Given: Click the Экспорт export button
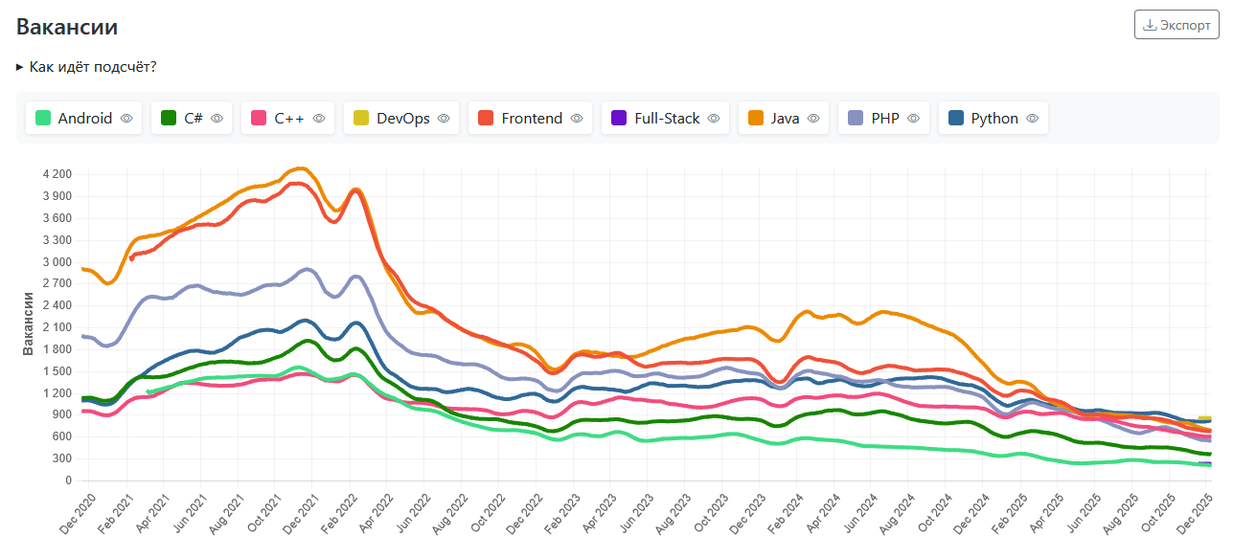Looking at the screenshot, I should (1176, 25).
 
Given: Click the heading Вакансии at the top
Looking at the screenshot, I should (67, 27).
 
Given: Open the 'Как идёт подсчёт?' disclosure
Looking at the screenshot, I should (87, 67).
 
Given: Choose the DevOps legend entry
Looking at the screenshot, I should (401, 119).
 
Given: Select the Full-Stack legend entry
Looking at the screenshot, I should (666, 119).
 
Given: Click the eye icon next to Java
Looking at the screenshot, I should (813, 119).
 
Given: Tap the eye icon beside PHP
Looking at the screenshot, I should (913, 119).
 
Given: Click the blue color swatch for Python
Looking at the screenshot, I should (955, 119).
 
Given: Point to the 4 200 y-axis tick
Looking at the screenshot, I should (57, 174).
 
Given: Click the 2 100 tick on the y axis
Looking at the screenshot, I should (57, 327).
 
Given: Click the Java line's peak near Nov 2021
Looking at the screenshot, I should (301, 168).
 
